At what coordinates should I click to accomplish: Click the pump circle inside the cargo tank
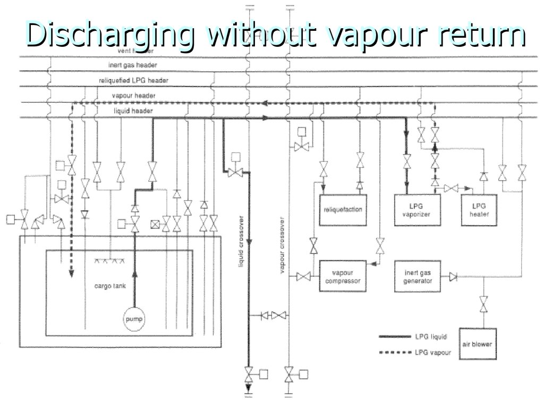[134, 319]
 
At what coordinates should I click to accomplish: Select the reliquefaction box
[343, 210]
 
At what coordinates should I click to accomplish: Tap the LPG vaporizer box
[416, 210]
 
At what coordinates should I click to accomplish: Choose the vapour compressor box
[343, 276]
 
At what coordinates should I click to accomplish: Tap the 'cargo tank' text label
[110, 286]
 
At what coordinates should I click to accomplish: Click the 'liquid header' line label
[133, 111]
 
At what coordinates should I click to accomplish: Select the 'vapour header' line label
[133, 96]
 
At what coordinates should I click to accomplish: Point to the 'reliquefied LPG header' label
[133, 81]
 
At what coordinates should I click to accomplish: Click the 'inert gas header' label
[133, 65]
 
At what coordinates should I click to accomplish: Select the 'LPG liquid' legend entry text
[431, 336]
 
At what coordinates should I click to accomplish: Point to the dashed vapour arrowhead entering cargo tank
[71, 273]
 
